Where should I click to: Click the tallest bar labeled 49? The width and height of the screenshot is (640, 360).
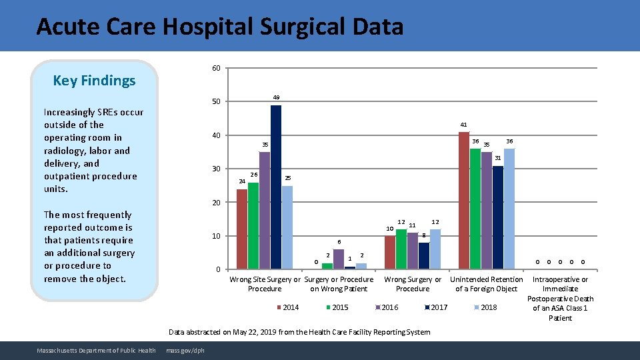[276, 187]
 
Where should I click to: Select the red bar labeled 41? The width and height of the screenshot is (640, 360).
[464, 201]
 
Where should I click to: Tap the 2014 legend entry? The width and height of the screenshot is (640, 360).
[287, 307]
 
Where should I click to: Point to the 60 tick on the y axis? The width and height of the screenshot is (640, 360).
[216, 68]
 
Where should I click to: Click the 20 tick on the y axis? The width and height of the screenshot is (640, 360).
[216, 202]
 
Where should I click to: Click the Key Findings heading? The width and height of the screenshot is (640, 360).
[94, 81]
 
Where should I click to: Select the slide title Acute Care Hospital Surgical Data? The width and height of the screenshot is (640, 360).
[220, 27]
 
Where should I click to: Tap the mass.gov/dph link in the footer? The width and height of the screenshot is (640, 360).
[185, 351]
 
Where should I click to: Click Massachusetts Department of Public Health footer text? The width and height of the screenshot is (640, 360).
[97, 351]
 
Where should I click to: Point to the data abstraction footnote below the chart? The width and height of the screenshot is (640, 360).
[299, 332]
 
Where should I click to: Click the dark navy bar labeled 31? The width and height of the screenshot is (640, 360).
[498, 217]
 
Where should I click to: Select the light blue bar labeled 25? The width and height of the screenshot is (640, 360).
[287, 227]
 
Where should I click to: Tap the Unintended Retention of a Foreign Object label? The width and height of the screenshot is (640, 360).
[486, 284]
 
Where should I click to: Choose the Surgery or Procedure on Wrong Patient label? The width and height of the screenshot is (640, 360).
[339, 284]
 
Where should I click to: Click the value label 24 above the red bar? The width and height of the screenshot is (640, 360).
[242, 181]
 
